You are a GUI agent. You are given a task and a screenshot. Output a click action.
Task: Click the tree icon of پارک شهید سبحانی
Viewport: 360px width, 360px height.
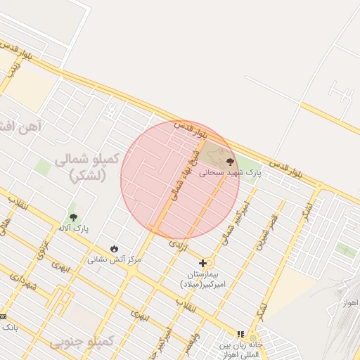click(230, 162)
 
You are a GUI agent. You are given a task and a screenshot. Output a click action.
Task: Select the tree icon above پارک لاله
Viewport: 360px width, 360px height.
click(73, 217)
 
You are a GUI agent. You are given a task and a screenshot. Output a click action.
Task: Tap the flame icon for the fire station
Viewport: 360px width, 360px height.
click(114, 248)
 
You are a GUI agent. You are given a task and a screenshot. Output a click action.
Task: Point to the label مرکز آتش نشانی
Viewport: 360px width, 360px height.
click(114, 259)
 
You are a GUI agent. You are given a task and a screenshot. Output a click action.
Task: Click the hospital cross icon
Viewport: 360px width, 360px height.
click(203, 263)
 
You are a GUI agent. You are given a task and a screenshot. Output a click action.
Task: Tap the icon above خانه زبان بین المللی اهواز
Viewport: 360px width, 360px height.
click(240, 335)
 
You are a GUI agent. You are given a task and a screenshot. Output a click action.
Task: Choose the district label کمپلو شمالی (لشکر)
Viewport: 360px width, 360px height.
click(86, 167)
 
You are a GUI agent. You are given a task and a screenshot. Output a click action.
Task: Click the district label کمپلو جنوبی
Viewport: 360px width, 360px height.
click(81, 342)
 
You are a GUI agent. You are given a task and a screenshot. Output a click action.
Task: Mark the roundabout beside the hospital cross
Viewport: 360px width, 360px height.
click(210, 262)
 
